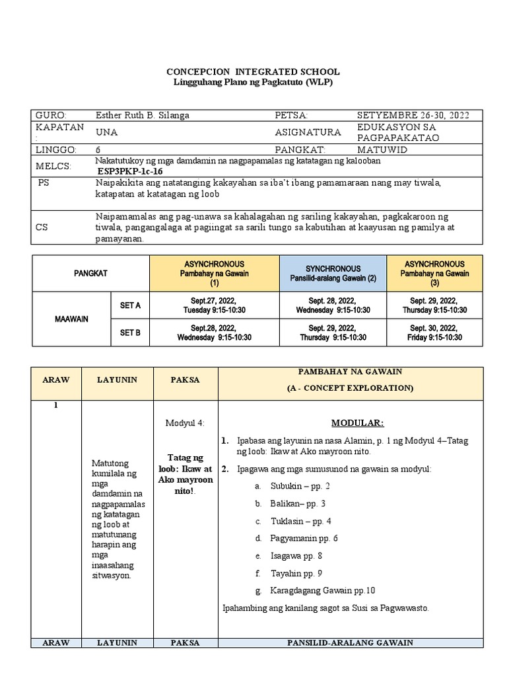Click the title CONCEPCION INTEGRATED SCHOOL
[x=253, y=71]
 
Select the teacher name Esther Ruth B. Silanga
[x=143, y=115]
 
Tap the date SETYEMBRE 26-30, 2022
[x=413, y=115]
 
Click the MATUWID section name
[x=379, y=150]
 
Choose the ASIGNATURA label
[x=308, y=132]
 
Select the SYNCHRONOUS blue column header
[x=333, y=273]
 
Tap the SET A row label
[x=130, y=305]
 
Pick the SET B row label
[x=130, y=333]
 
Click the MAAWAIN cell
[x=71, y=319]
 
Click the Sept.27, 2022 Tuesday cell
[x=215, y=305]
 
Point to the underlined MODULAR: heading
[x=357, y=422]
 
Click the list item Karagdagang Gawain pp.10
[x=322, y=590]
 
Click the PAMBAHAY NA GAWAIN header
[x=350, y=373]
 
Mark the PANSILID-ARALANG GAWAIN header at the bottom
[x=350, y=642]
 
